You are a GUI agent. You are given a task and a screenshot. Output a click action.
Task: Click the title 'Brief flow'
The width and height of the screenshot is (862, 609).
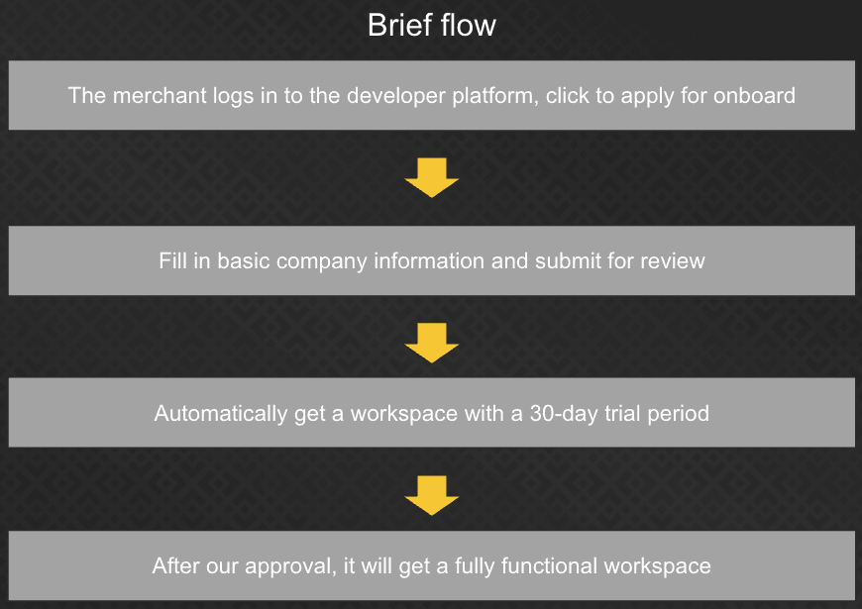click(432, 26)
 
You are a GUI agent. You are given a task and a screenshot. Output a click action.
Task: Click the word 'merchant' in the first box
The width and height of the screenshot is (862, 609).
click(160, 96)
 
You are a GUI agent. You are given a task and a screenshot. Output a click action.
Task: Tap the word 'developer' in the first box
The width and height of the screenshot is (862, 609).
click(395, 96)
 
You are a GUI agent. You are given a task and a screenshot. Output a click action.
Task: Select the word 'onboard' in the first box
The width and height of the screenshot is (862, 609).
click(754, 96)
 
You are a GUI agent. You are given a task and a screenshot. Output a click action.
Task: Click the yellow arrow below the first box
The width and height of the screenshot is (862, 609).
click(432, 177)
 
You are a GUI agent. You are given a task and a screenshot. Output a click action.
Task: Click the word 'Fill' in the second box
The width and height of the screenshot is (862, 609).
click(173, 260)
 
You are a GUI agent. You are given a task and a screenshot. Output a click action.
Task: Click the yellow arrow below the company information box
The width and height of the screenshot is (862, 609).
click(432, 343)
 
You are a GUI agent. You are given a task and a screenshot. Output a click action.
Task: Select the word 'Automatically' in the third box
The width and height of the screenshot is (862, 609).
click(220, 413)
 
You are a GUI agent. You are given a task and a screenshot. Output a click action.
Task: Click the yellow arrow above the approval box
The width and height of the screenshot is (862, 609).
click(432, 496)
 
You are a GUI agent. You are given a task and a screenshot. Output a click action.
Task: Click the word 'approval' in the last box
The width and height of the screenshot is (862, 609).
click(289, 566)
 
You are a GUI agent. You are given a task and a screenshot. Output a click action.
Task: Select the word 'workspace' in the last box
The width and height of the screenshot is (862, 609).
click(658, 566)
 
